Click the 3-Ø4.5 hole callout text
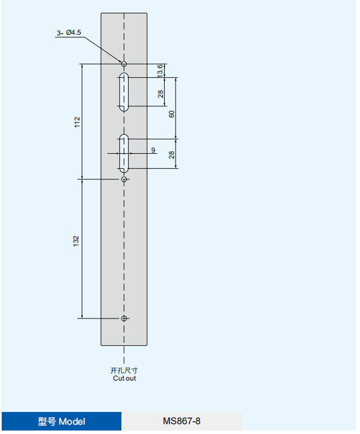pos(69,32)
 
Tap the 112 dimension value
pos(77,122)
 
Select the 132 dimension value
pos(76,241)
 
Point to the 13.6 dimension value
pos(160,71)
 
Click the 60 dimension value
pos(172,114)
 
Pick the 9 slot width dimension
pos(153,150)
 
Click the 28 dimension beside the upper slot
pos(161,94)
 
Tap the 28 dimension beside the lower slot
pos(172,155)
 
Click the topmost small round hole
pos(124,64)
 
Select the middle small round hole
pos(124,179)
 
